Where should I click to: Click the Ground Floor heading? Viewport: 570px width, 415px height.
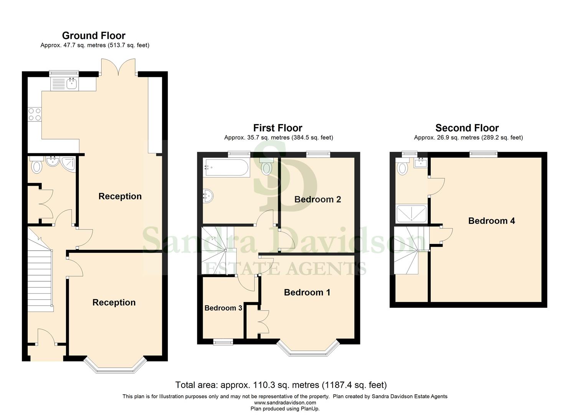coord(94,36)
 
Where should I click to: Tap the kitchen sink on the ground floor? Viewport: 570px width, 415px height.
coord(71,83)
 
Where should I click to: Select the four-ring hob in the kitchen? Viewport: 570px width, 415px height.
coord(35,115)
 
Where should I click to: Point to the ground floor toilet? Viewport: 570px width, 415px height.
coord(36,166)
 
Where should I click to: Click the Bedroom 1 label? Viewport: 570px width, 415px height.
coord(307,292)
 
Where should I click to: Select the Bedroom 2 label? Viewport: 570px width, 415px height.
coord(317,199)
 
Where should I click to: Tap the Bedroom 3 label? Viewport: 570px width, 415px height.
coord(223,308)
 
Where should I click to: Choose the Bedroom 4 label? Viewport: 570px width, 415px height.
coord(491,221)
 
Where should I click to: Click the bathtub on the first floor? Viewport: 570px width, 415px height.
coord(226,168)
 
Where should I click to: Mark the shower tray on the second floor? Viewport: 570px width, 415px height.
coord(411,214)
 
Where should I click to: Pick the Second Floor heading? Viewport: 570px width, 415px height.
coord(467,128)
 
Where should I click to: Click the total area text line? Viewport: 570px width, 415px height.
coord(281,385)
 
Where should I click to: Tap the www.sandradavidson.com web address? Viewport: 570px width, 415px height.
coord(285,403)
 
